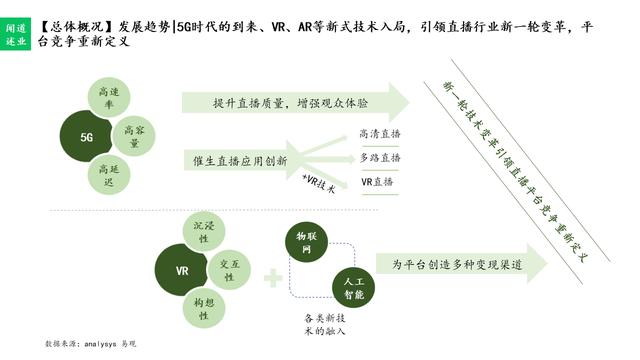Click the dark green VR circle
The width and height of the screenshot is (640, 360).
[x=183, y=272]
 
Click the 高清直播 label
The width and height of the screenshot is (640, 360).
[x=380, y=133]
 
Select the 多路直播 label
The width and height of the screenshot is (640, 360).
[x=380, y=158]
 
